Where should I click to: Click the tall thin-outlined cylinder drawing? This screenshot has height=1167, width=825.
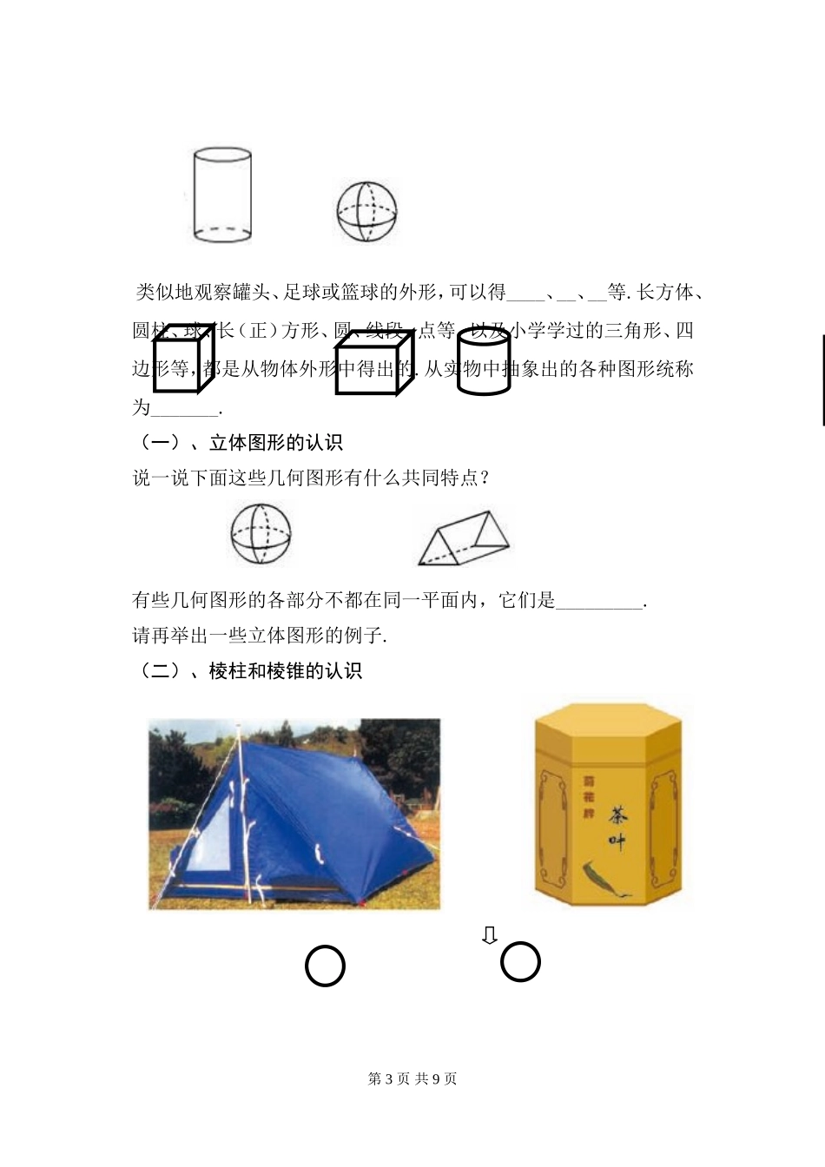coord(222,196)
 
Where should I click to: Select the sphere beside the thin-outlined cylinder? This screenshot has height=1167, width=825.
coord(366,211)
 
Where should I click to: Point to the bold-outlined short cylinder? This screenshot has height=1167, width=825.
coord(484,363)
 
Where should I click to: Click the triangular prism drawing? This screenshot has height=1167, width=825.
coord(463,538)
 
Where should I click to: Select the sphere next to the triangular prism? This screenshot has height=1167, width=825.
coord(261,535)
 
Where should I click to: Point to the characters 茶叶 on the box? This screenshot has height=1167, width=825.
coord(617,827)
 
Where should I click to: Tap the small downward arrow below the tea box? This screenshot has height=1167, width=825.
coord(490,935)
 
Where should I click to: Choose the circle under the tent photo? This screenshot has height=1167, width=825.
coord(326,966)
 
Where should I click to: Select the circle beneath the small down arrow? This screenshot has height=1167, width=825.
coord(521,962)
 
